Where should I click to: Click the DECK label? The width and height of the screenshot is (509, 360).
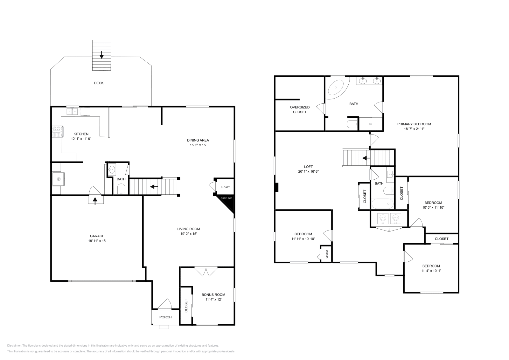pyautogui.click(x=99, y=83)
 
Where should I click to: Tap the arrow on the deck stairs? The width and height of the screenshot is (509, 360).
pyautogui.click(x=101, y=55)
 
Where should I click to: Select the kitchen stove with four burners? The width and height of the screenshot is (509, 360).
pyautogui.click(x=58, y=132)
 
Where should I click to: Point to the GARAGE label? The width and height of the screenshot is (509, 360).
pyautogui.click(x=97, y=236)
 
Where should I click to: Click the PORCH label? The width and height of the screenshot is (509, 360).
pyautogui.click(x=165, y=317)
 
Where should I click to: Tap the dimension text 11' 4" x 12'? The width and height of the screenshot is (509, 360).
pyautogui.click(x=213, y=299)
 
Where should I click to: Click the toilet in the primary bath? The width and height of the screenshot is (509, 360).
pyautogui.click(x=352, y=124)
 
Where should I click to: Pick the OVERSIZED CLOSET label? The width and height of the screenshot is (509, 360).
pyautogui.click(x=300, y=109)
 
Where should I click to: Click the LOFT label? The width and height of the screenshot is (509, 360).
pyautogui.click(x=308, y=167)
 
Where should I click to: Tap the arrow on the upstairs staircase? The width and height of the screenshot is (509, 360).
pyautogui.click(x=366, y=158)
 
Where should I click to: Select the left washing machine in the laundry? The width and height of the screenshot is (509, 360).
pyautogui.click(x=383, y=218)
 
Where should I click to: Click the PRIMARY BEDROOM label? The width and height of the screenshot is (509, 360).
pyautogui.click(x=414, y=124)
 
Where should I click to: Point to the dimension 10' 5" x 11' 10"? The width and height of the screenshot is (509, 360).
pyautogui.click(x=433, y=207)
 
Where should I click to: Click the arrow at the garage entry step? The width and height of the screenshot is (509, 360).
pyautogui.click(x=95, y=201)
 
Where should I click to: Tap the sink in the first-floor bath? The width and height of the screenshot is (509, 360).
pyautogui.click(x=112, y=169)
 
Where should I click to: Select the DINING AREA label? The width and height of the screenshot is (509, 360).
pyautogui.click(x=198, y=140)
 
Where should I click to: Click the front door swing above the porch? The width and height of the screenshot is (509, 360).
pyautogui.click(x=164, y=304)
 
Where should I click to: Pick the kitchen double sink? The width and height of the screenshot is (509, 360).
pyautogui.click(x=72, y=112)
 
